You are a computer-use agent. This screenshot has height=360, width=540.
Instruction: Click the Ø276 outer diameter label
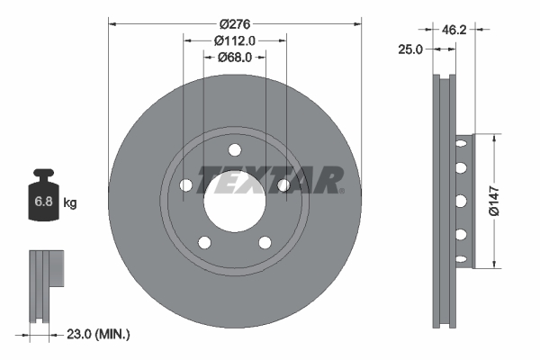pos(235,14)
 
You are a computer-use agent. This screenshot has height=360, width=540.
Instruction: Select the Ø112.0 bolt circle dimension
pos(235,39)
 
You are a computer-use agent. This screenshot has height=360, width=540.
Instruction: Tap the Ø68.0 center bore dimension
pos(235,58)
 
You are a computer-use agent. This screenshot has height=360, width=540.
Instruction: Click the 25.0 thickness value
pos(410,49)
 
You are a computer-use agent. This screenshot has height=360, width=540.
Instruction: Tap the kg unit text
pos(70,203)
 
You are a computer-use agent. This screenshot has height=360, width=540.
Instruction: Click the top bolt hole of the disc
pos(235,149)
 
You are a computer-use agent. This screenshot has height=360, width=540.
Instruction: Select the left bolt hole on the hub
pos(186,185)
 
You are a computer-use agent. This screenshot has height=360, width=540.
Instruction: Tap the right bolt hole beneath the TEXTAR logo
pos(283,185)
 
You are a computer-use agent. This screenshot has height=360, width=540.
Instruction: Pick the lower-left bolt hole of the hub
pos(205,242)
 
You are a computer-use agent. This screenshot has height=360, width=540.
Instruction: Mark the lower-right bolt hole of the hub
pos(265,242)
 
